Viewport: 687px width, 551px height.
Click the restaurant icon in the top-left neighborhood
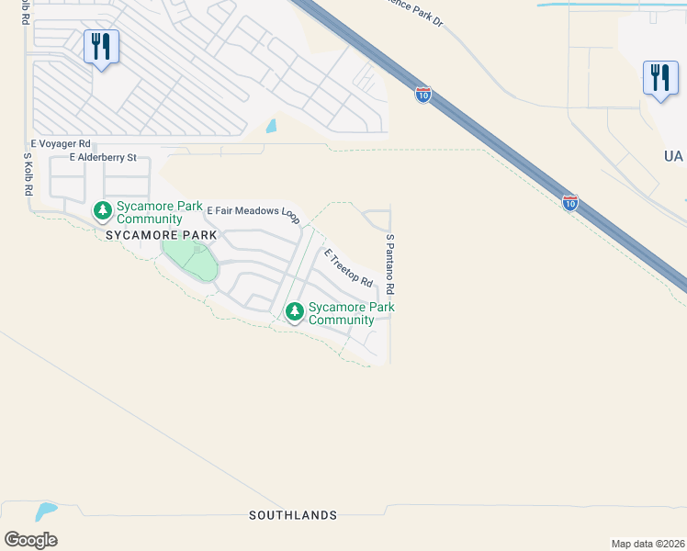point(101,47)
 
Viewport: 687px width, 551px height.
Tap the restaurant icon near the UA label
point(659,78)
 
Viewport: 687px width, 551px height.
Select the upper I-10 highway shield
point(422,95)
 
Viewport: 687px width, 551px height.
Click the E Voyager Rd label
point(61,144)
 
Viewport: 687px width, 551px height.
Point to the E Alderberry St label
point(96,158)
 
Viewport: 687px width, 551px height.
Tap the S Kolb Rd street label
point(28,174)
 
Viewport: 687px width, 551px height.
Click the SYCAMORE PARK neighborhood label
point(161,235)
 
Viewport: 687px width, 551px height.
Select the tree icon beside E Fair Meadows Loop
point(102,212)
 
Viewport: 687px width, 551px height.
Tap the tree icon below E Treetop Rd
point(295,312)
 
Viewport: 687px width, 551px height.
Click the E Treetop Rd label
point(347,267)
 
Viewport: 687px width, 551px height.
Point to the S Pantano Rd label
point(389,264)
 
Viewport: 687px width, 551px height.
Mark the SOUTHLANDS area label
point(293,516)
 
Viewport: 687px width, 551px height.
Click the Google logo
point(30,539)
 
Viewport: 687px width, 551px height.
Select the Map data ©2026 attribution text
point(648,544)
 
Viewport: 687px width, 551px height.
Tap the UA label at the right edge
point(673,157)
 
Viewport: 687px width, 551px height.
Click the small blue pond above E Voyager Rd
point(271,127)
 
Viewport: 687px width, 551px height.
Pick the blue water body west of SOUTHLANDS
point(44,510)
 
